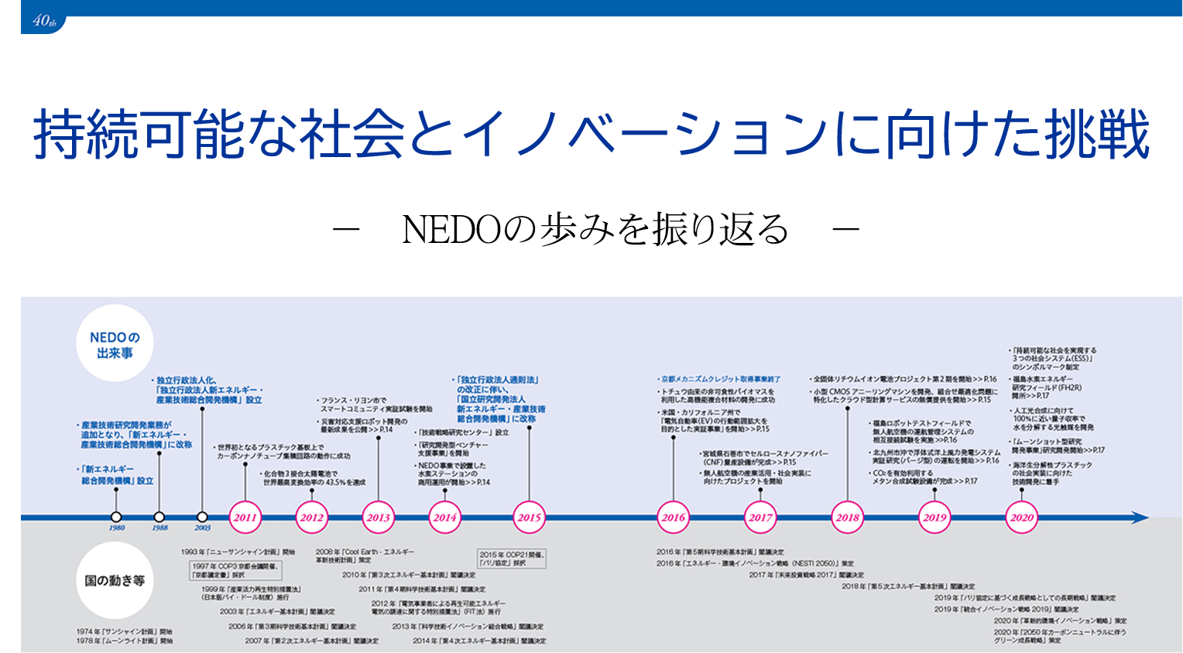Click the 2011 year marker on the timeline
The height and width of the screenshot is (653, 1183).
[245, 518]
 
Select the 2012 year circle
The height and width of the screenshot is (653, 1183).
[311, 518]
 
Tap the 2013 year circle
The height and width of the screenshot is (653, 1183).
[379, 518]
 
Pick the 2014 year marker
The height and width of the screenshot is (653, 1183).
[444, 518]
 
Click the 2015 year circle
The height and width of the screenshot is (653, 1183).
[530, 518]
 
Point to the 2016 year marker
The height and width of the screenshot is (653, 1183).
[673, 518]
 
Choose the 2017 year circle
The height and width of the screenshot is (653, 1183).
[760, 518]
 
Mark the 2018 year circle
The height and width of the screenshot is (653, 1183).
[848, 518]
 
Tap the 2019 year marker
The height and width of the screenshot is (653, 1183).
[934, 518]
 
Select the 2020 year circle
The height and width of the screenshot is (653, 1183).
[1022, 518]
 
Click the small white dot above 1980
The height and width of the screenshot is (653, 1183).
[116, 517]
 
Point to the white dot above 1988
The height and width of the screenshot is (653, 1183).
[159, 517]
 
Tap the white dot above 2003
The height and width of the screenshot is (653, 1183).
[202, 517]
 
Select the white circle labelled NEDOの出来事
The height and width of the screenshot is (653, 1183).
[115, 344]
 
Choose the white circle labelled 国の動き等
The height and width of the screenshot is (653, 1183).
[115, 580]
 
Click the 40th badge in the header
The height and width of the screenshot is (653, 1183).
[44, 22]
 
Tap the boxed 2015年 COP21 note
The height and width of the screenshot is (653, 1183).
[512, 559]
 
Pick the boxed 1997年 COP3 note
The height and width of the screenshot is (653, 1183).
[236, 570]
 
